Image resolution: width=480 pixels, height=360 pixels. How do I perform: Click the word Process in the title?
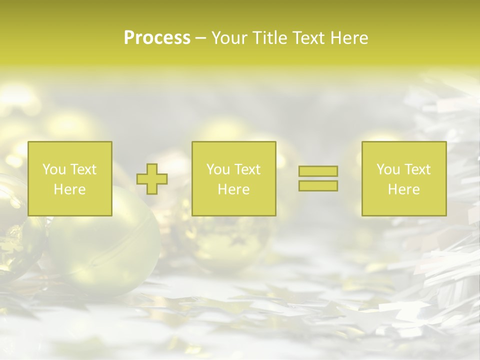point(157,38)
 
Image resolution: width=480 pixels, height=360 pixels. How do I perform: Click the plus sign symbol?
point(152,179)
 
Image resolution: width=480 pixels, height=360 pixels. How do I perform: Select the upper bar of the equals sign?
point(318,171)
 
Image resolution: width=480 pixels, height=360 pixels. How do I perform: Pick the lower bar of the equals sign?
point(318,186)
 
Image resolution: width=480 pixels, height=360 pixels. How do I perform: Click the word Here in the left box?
point(69,189)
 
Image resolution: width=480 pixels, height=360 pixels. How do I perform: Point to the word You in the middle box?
point(217,169)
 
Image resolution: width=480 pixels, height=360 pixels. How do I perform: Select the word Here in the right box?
point(403,189)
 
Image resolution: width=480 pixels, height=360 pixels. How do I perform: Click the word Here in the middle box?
point(233,189)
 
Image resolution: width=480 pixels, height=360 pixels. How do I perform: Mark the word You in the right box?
point(387,169)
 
